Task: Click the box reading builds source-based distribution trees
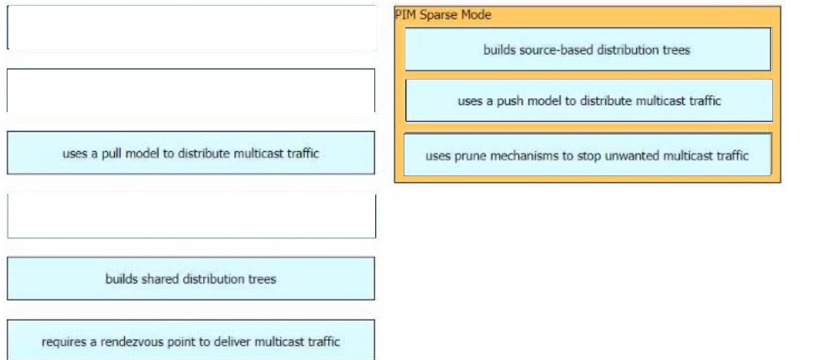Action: coord(587,50)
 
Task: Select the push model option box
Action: coord(587,101)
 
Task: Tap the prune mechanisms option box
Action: coord(587,154)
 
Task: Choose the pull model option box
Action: coord(191,153)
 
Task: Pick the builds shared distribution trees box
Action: coord(191,279)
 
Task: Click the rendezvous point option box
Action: coord(191,340)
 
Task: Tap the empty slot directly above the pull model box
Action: coord(191,91)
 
